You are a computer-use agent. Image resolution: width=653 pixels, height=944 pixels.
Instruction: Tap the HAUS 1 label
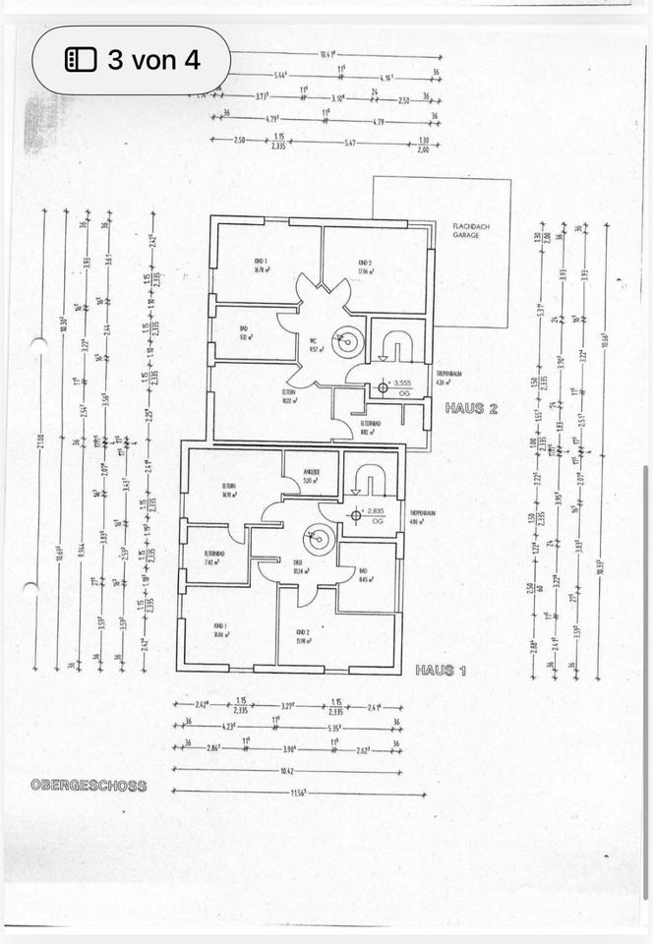(440, 670)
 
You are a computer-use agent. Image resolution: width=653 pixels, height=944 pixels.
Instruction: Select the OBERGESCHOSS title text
(88, 786)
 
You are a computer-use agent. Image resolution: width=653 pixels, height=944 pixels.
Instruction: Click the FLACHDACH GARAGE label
(465, 231)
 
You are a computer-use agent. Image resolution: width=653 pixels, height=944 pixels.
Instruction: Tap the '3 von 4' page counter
(132, 60)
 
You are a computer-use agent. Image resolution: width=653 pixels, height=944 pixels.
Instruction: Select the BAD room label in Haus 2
(246, 331)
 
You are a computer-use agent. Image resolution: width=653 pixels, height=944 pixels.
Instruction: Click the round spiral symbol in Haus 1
(318, 538)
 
